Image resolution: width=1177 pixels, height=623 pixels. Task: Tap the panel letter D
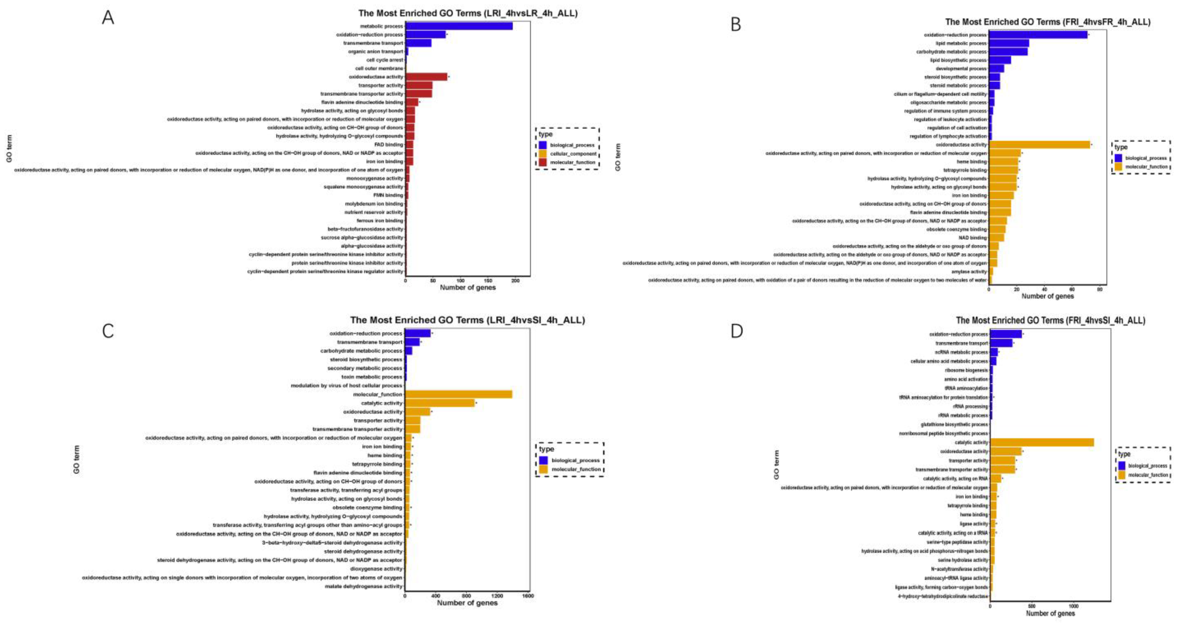click(x=737, y=331)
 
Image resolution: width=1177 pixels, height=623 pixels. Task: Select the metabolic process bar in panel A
click(x=459, y=26)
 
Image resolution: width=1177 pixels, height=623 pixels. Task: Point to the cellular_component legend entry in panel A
click(x=573, y=153)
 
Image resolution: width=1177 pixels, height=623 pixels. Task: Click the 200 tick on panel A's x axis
click(x=515, y=281)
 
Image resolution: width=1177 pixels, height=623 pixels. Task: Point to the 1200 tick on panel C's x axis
click(x=497, y=596)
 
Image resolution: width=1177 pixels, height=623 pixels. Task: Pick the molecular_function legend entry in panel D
click(x=1148, y=475)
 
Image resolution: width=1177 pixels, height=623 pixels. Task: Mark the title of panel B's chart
click(x=1048, y=22)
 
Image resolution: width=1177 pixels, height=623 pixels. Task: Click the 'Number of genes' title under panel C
click(x=467, y=603)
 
